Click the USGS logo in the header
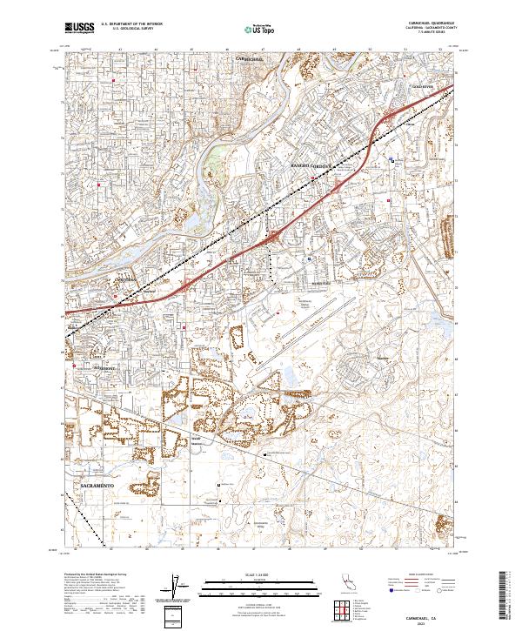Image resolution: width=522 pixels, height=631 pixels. (x=79, y=28)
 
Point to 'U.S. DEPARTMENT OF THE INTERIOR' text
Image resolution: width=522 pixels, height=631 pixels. (x=127, y=25)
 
